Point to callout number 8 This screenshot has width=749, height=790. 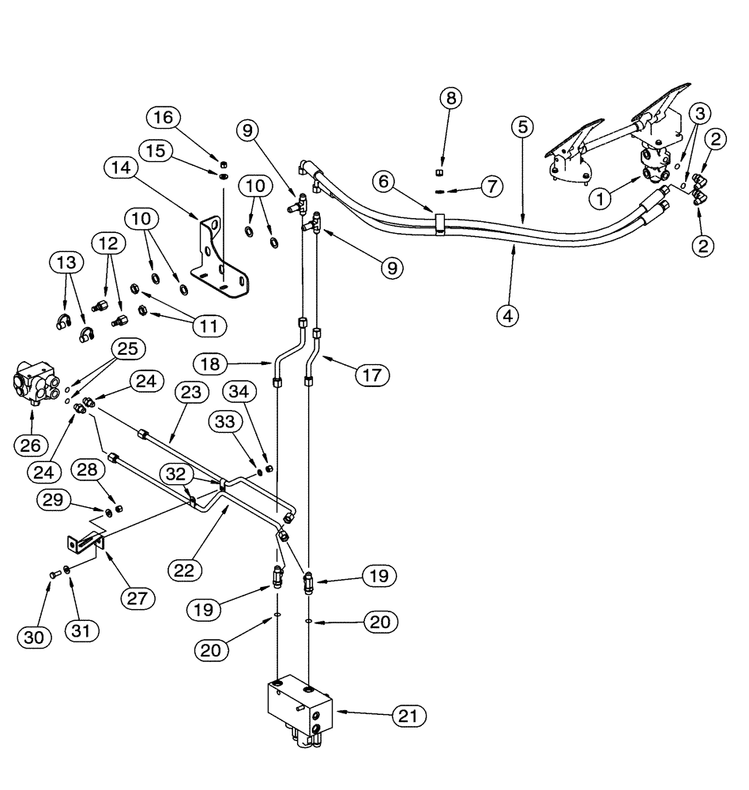pyautogui.click(x=451, y=99)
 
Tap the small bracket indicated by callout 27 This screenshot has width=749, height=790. pyautogui.click(x=84, y=544)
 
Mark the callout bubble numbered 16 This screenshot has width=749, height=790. pyautogui.click(x=163, y=118)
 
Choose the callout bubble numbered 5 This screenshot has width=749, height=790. pyautogui.click(x=521, y=126)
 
